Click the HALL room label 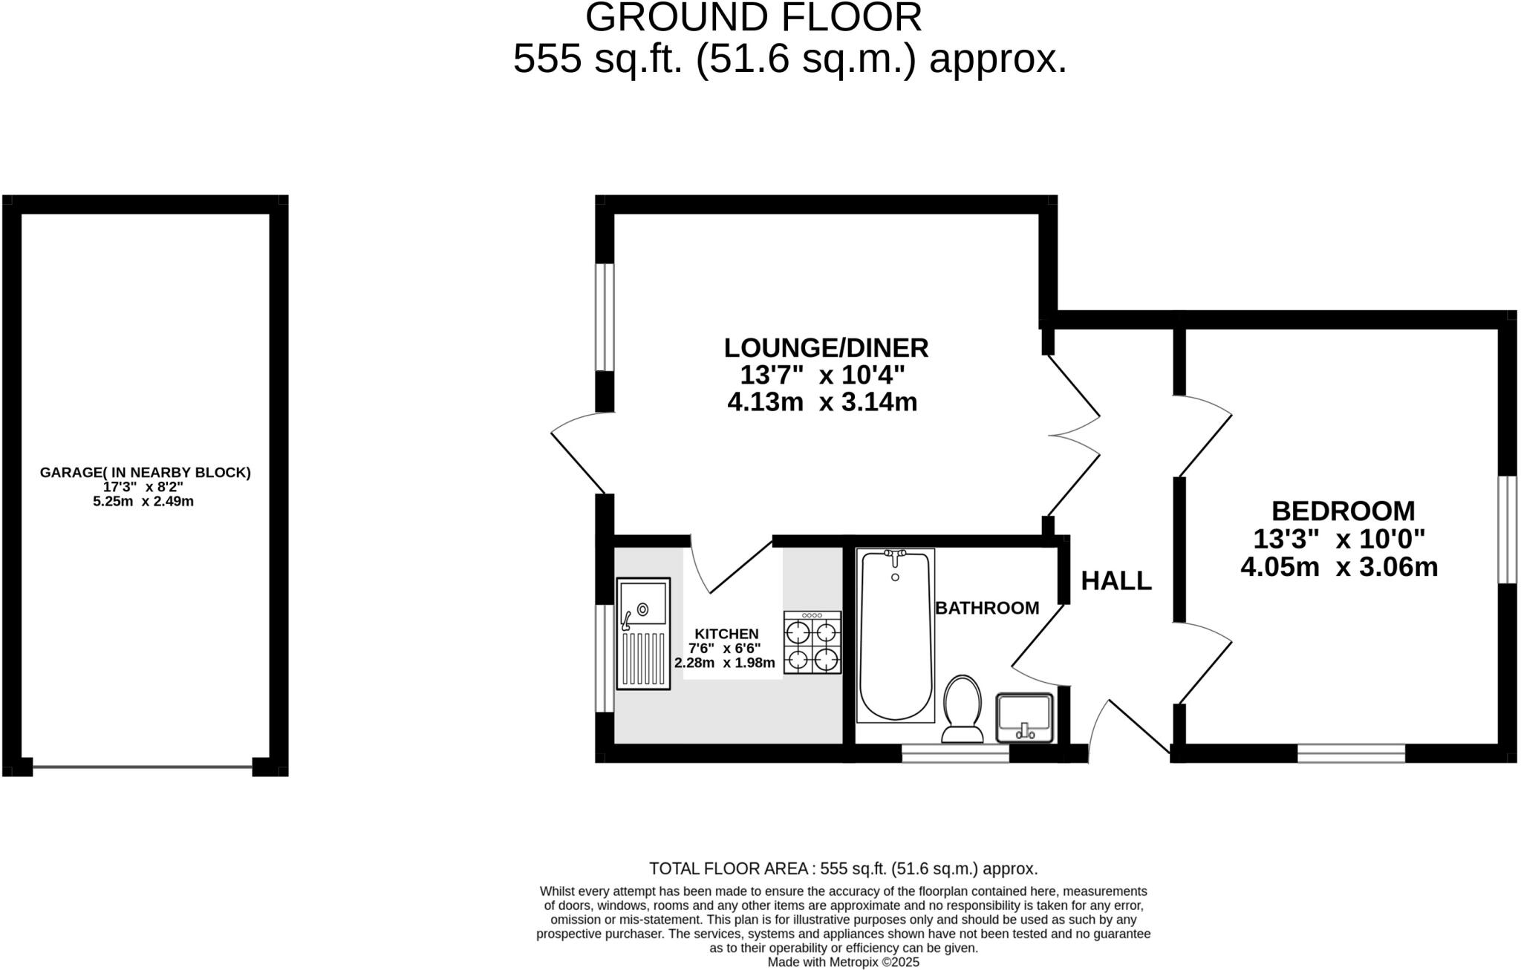pyautogui.click(x=1115, y=581)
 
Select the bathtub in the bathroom pyautogui.click(x=895, y=636)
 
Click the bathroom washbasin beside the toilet pyautogui.click(x=1025, y=718)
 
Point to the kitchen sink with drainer pyautogui.click(x=643, y=634)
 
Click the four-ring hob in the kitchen pyautogui.click(x=812, y=642)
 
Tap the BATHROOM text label pyautogui.click(x=986, y=609)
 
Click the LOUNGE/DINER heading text pyautogui.click(x=826, y=347)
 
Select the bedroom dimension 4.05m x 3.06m pyautogui.click(x=1339, y=568)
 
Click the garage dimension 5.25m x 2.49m pyautogui.click(x=143, y=502)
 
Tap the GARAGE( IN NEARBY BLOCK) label pyautogui.click(x=146, y=472)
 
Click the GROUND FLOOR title pyautogui.click(x=753, y=18)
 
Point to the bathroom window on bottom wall pyautogui.click(x=955, y=754)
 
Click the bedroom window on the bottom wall pyautogui.click(x=1351, y=754)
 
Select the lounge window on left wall pyautogui.click(x=605, y=317)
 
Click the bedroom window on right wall pyautogui.click(x=1507, y=529)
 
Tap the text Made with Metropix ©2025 pyautogui.click(x=843, y=963)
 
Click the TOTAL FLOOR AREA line pyautogui.click(x=843, y=868)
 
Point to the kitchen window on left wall pyautogui.click(x=605, y=658)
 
